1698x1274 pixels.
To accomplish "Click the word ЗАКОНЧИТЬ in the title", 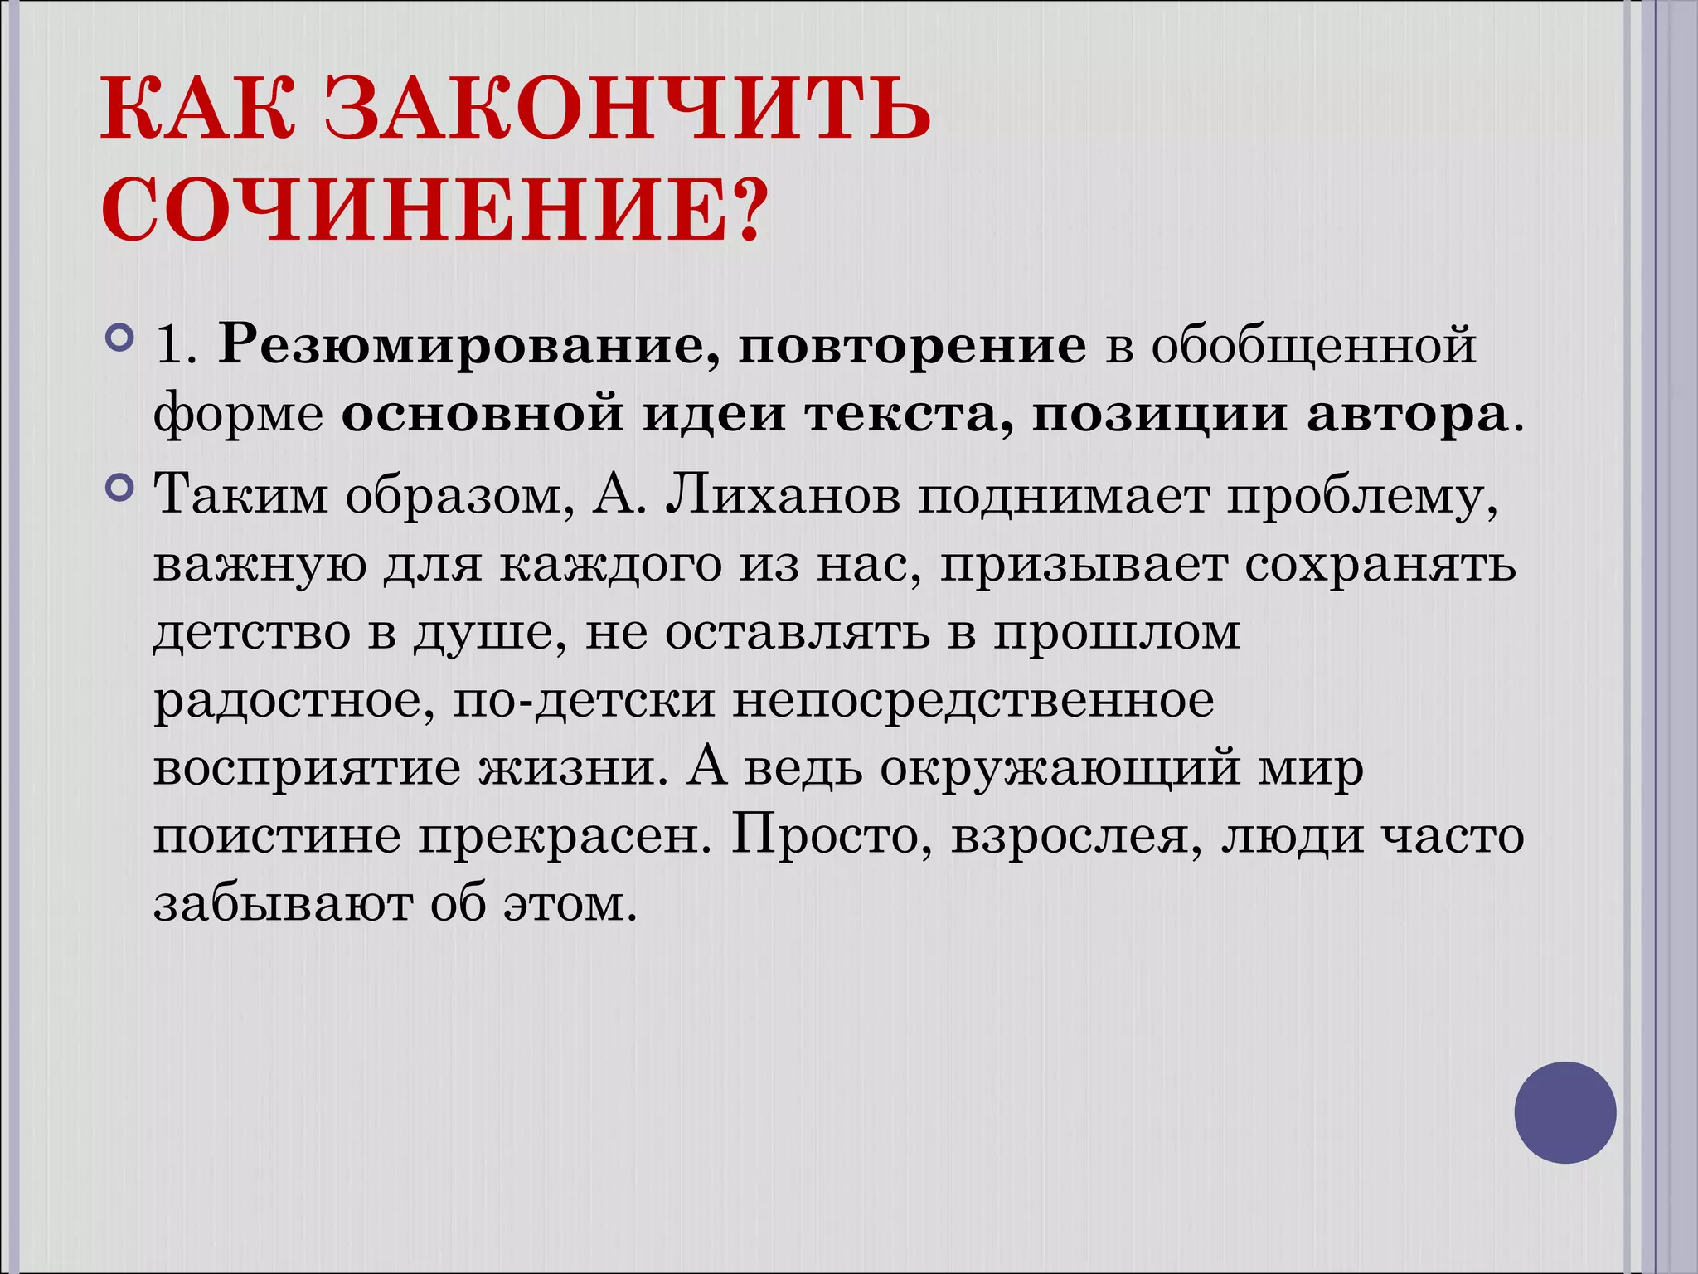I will [628, 109].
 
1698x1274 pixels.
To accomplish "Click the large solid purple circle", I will [1565, 1112].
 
